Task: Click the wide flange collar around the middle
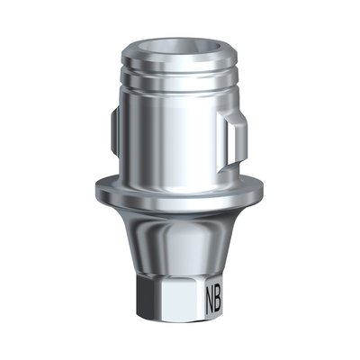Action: (180, 189)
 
